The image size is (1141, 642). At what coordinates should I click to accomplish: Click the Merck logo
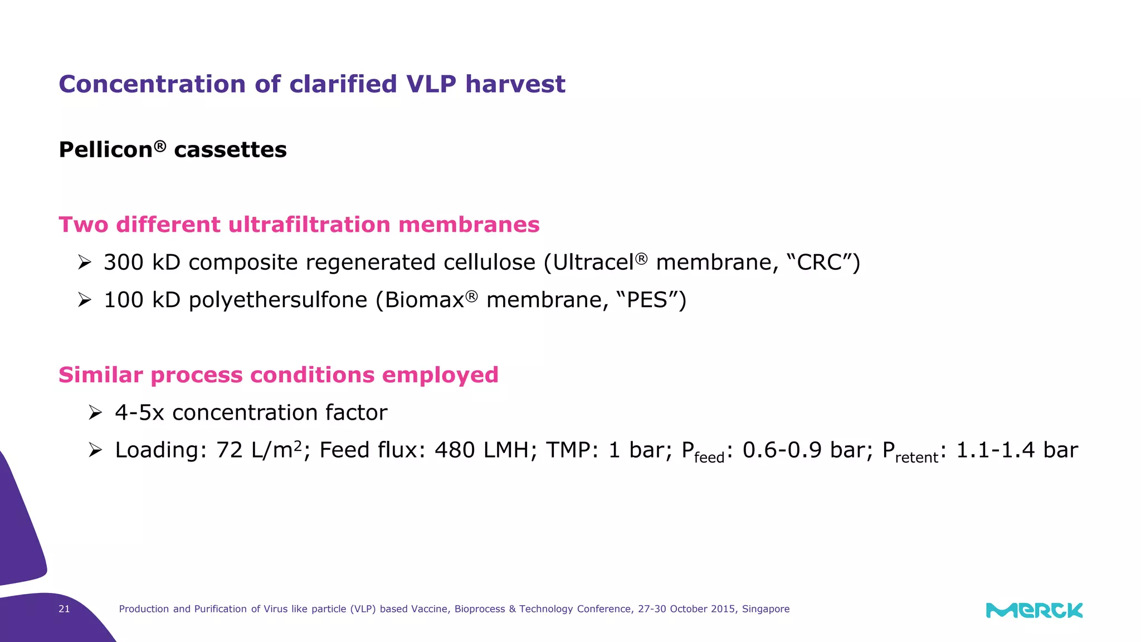1034,610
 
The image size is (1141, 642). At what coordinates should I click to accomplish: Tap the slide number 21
64,609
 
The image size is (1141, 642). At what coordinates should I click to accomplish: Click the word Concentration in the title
152,84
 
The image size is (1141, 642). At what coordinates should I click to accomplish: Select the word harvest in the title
515,84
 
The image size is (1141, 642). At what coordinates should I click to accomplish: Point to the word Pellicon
106,150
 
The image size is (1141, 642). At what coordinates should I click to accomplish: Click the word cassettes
230,150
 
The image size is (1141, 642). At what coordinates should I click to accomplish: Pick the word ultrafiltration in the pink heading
309,225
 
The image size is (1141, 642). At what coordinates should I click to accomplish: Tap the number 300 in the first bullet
124,262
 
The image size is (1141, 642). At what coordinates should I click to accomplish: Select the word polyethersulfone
278,300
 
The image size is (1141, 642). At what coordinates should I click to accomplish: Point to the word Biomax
425,300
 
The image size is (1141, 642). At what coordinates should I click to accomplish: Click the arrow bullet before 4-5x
95,413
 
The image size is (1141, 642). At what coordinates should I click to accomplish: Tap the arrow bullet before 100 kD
84,300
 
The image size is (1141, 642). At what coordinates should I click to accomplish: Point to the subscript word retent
916,458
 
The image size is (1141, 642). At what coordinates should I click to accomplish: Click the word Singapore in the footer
765,609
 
